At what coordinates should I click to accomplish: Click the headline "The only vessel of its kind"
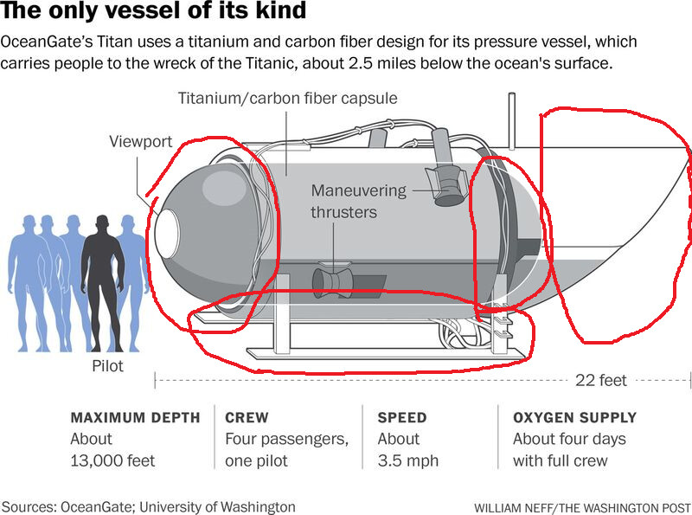click(x=153, y=12)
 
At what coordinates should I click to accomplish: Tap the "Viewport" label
click(x=141, y=141)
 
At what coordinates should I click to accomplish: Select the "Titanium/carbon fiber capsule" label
click(x=287, y=98)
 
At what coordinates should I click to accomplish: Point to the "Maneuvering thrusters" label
click(x=344, y=201)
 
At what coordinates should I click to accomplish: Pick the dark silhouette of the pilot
click(x=102, y=277)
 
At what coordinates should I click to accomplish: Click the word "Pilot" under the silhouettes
click(x=107, y=366)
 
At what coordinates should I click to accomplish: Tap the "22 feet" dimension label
click(x=600, y=380)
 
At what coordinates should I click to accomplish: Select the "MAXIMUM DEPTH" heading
click(x=135, y=417)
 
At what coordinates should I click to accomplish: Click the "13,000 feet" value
click(x=112, y=460)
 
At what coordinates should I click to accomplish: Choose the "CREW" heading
click(x=247, y=417)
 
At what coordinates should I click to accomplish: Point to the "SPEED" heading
click(x=402, y=417)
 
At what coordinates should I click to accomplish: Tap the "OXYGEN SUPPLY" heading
click(x=574, y=417)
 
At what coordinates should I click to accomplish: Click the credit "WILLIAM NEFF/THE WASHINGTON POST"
click(x=581, y=505)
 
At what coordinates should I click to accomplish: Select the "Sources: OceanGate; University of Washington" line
click(x=148, y=506)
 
